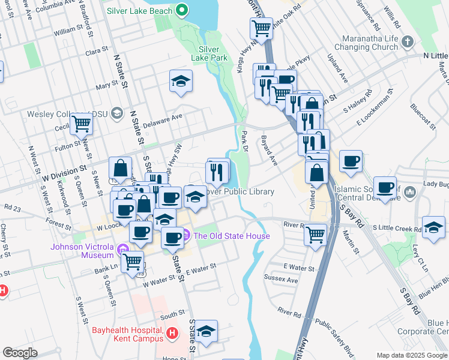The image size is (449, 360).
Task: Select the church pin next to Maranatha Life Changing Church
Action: click(408, 41)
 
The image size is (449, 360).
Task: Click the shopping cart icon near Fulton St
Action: click(81, 124)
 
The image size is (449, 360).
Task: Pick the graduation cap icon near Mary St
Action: click(180, 81)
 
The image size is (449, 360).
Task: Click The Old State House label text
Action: click(232, 236)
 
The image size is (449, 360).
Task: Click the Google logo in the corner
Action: click(19, 353)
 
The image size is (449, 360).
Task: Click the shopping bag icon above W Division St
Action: click(121, 167)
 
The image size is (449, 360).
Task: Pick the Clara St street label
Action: click(96, 53)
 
